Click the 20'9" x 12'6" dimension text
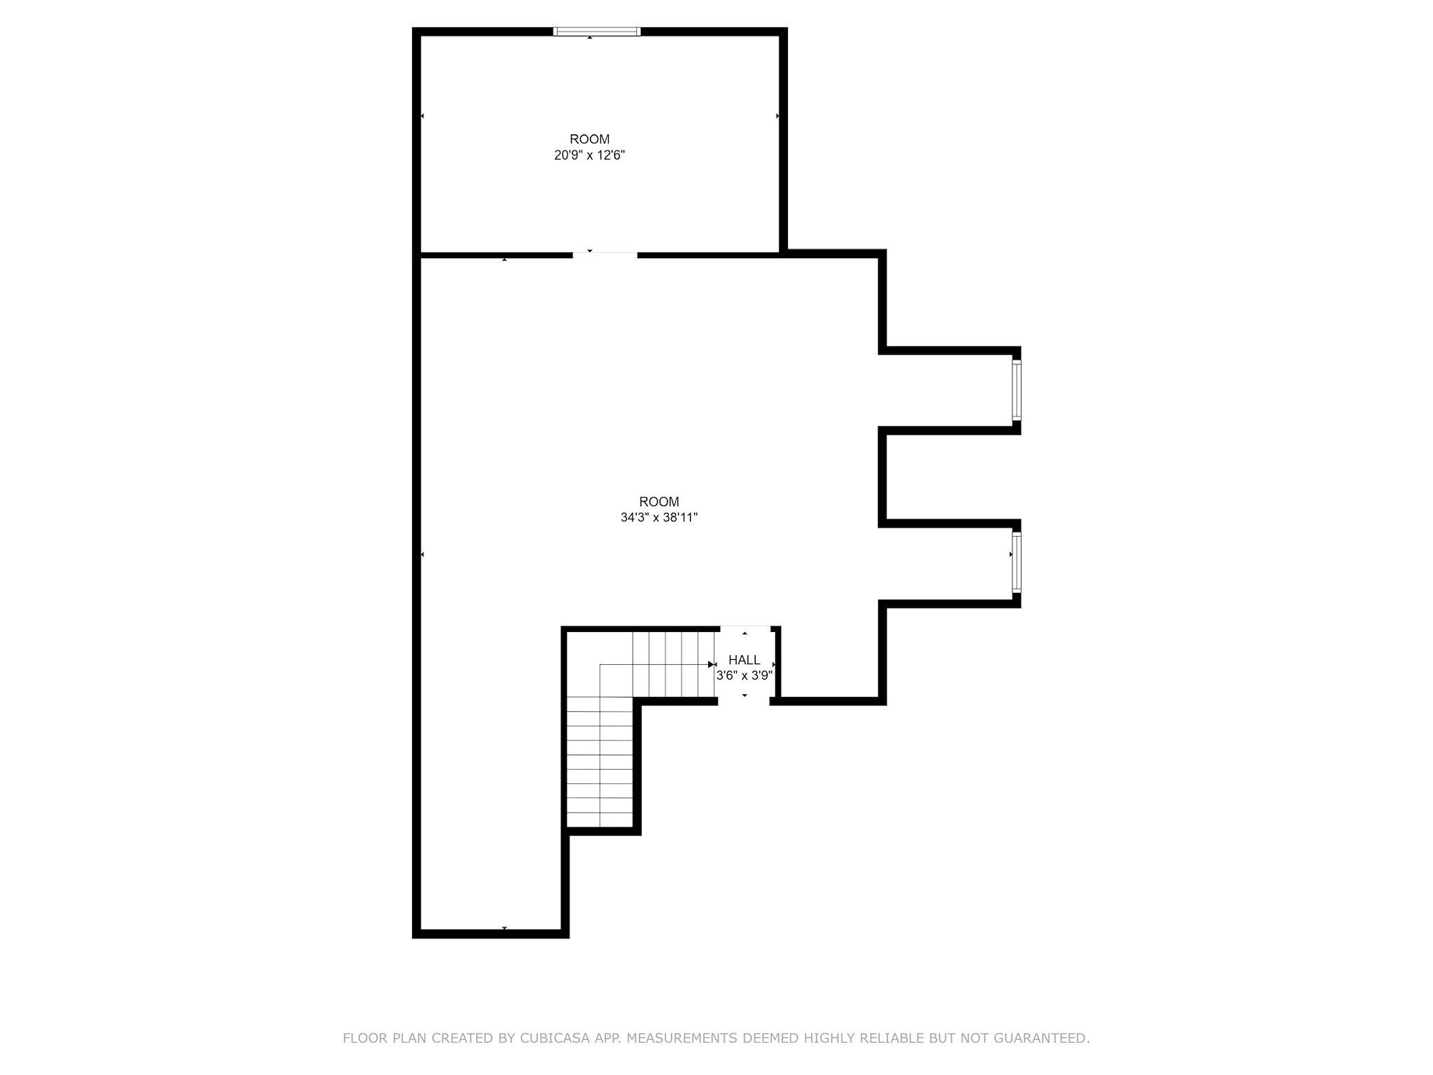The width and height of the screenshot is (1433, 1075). [x=589, y=155]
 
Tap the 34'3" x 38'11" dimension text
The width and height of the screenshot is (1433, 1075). [x=659, y=518]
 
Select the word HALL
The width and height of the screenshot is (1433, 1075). [x=744, y=660]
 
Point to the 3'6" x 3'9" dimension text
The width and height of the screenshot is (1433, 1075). [x=744, y=676]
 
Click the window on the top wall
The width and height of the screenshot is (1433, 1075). [x=597, y=31]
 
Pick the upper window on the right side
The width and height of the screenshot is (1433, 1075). [x=1017, y=390]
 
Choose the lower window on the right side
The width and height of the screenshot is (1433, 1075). [x=1017, y=563]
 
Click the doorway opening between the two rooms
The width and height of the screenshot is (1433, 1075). [x=605, y=255]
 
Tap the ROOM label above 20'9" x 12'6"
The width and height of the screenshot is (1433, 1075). [x=590, y=139]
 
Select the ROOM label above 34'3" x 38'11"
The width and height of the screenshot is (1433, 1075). [x=659, y=502]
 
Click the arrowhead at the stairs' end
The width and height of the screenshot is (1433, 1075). [x=712, y=664]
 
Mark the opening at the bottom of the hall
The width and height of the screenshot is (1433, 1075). [x=744, y=701]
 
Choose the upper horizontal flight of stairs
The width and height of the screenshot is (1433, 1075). [x=674, y=664]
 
